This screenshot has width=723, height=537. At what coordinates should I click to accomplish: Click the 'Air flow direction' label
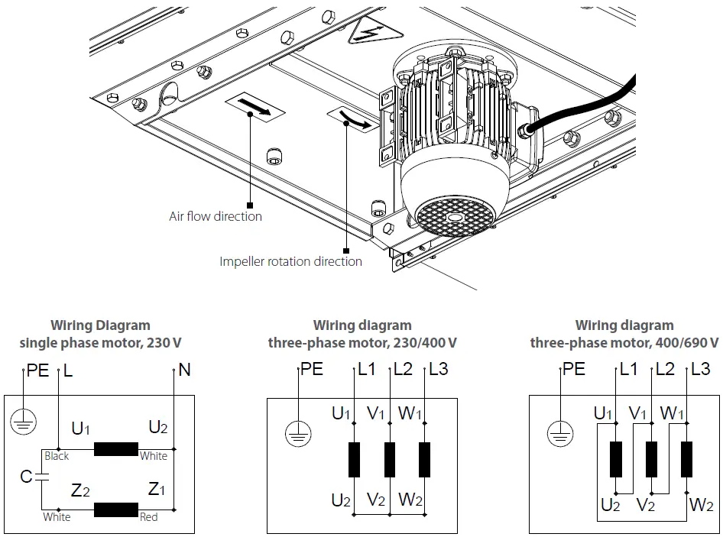point(215,216)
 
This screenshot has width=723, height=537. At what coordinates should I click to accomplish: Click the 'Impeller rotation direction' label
point(290,261)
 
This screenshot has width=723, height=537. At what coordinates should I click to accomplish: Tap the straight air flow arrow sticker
point(255,106)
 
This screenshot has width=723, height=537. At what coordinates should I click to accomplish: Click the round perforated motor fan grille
point(454,216)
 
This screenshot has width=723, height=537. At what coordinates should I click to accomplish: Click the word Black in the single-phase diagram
point(57,456)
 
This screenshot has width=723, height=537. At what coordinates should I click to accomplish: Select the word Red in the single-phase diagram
point(149,517)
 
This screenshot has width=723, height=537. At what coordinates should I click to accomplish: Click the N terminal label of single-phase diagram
point(183,372)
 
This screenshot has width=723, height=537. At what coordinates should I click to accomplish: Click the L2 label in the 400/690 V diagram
point(665,370)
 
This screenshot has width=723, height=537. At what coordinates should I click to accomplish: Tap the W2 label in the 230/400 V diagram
point(410,500)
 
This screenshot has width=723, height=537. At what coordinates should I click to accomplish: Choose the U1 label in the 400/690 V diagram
point(604,414)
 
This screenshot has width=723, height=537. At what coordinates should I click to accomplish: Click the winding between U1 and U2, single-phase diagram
point(115,448)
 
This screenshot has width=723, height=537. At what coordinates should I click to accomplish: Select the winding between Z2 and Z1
point(115,510)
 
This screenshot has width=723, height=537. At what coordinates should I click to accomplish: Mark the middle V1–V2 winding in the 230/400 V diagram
point(390,459)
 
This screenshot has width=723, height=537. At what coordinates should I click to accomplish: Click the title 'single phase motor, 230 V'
point(100,342)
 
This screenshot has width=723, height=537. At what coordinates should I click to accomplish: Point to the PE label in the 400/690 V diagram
point(574,370)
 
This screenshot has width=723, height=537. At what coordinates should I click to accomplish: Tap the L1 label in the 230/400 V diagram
point(367,370)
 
